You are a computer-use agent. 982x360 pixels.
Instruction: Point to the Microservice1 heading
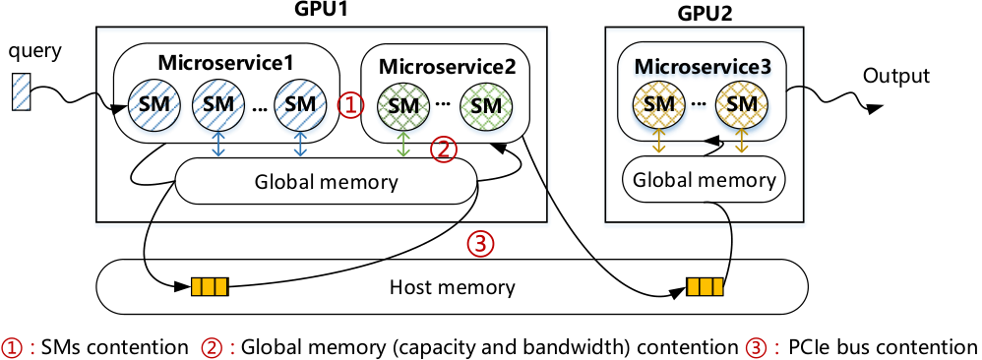(225, 63)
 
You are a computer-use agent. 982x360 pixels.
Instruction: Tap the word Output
(896, 76)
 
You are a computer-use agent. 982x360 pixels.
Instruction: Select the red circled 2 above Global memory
(444, 151)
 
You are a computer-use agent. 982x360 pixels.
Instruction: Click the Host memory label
(453, 288)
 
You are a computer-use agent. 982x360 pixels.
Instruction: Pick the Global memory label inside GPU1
(327, 183)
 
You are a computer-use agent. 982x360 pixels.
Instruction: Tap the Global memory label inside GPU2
(705, 180)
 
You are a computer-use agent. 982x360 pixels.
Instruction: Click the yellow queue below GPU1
(211, 288)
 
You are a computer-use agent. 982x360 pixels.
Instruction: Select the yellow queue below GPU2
(705, 287)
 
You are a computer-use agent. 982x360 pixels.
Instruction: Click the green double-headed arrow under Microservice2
(403, 144)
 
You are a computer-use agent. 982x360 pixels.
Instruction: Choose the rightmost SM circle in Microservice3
(742, 104)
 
